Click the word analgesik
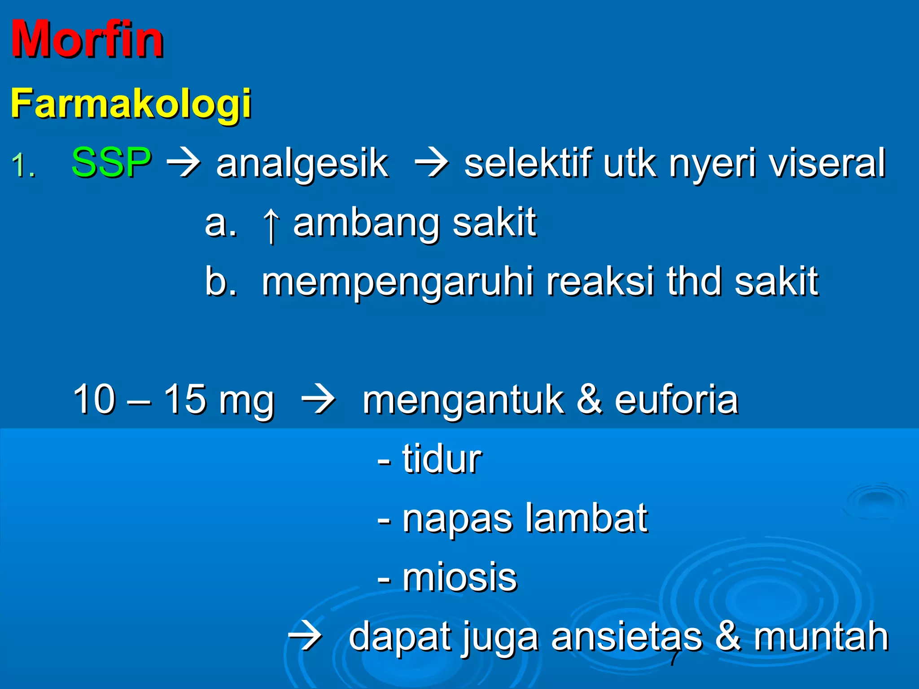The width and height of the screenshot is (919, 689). pyautogui.click(x=302, y=164)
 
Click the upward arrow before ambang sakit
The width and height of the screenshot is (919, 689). pyautogui.click(x=271, y=224)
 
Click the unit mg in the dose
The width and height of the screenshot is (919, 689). pyautogui.click(x=246, y=401)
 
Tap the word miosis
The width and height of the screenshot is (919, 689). pyautogui.click(x=459, y=577)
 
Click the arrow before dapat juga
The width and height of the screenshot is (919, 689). pyautogui.click(x=305, y=636)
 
